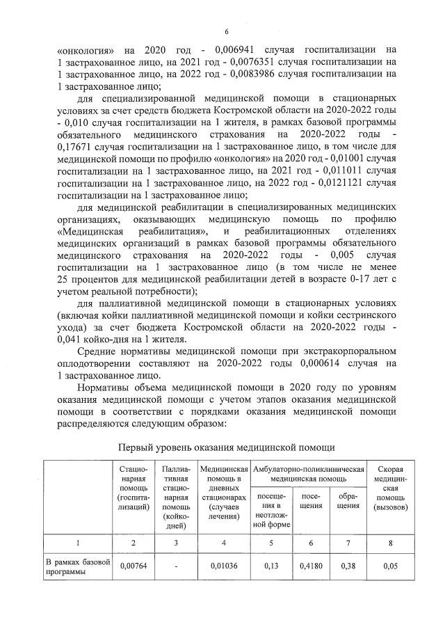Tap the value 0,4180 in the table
[310, 566]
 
